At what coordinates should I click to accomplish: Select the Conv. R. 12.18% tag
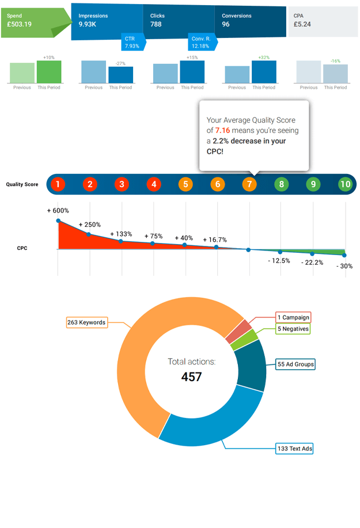pos(201,42)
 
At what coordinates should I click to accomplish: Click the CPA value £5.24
pos(302,25)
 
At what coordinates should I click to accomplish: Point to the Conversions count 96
pos(226,25)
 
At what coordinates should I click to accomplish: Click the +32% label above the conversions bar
pos(264,58)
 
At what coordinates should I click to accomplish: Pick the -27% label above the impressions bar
pos(120,63)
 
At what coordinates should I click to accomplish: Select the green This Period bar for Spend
pos(49,72)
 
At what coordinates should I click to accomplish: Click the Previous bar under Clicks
pos(165,74)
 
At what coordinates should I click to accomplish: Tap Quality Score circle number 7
pos(249,185)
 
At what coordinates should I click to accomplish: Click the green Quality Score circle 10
pos(345,185)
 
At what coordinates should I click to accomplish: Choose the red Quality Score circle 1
pos(58,185)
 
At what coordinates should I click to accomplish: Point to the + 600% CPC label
pos(58,211)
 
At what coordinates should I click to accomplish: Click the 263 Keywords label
pos(86,322)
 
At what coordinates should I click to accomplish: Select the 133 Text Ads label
pos(294,449)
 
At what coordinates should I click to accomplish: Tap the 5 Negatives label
pos(293,329)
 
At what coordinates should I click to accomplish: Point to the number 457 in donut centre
pos(191,377)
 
